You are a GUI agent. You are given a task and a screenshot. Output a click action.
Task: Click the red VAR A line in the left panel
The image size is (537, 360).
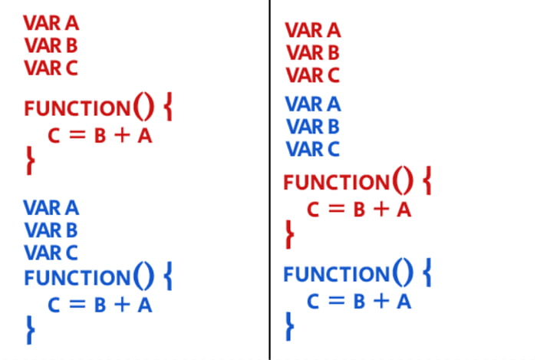click(51, 23)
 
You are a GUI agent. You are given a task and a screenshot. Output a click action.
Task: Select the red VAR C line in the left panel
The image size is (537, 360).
click(51, 68)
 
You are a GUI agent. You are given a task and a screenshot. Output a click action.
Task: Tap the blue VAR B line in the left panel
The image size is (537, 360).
click(51, 230)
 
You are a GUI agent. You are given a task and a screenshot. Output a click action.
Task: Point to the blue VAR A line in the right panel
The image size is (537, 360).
click(313, 104)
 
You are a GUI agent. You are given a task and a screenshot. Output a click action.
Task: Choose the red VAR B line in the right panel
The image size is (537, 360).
click(313, 53)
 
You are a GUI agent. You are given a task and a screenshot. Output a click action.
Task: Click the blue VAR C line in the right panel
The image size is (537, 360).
click(313, 149)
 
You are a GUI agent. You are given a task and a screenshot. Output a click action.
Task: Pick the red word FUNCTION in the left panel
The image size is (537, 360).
click(77, 108)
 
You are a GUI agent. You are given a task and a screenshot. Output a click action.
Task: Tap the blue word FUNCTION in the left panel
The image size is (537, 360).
click(77, 277)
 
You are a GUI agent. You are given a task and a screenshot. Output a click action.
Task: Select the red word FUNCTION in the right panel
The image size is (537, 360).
click(337, 182)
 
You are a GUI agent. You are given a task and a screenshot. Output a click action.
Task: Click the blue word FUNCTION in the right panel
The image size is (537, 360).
click(337, 274)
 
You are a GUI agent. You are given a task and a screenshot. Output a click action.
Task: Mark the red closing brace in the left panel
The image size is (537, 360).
click(31, 160)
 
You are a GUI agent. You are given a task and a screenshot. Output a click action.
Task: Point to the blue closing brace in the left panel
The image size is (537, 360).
click(31, 330)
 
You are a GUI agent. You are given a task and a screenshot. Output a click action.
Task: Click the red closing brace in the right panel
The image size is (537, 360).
click(290, 234)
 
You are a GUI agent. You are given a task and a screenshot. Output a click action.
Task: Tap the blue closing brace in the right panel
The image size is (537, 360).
click(290, 326)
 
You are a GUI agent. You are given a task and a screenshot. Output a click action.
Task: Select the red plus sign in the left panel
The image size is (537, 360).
click(122, 135)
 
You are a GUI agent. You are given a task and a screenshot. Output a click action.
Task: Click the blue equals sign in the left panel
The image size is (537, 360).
click(77, 304)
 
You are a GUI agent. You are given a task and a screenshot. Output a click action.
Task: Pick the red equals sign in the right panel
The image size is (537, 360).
click(336, 209)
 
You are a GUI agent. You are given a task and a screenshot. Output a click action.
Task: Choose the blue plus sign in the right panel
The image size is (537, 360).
click(381, 301)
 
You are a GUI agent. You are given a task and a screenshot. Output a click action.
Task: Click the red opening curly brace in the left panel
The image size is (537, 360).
click(168, 107)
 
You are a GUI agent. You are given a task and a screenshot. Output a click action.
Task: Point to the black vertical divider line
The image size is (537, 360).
click(269, 180)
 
